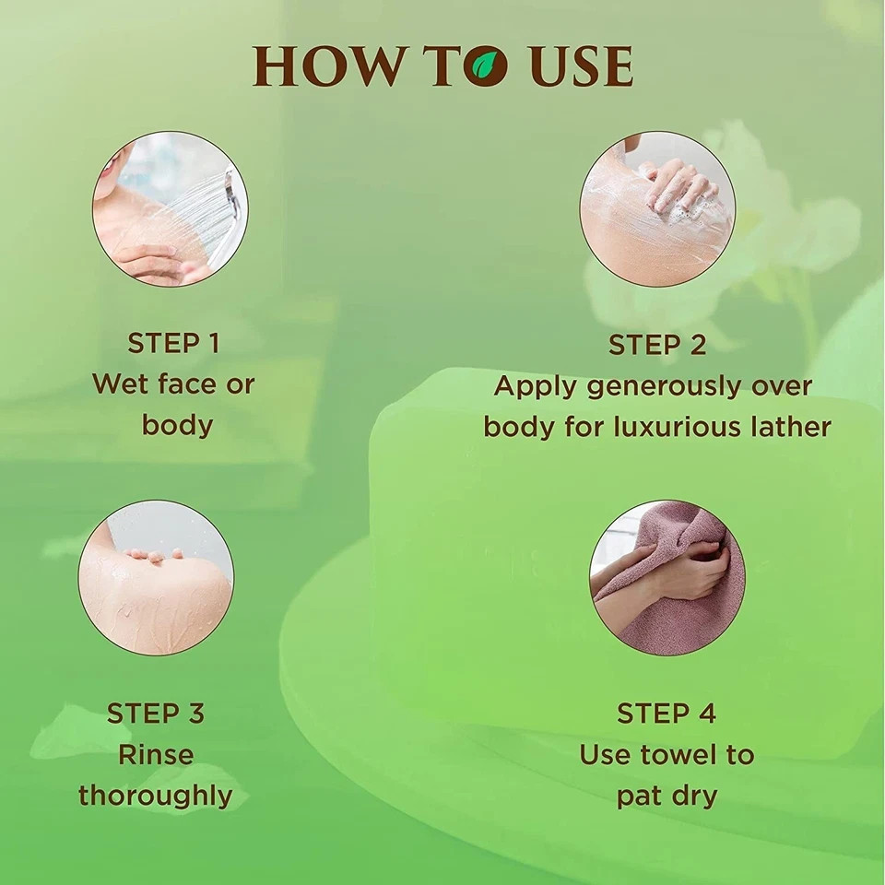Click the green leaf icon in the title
coord(486,66)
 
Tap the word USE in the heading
coord(582,66)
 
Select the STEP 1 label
coord(173,343)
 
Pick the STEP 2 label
coord(657,345)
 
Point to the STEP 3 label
coord(155,714)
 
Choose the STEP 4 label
coord(667,714)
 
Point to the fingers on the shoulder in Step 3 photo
coord(152,555)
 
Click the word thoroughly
coord(155,796)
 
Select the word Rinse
coord(156,755)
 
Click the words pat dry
coord(667,796)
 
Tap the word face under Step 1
coord(187,384)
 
